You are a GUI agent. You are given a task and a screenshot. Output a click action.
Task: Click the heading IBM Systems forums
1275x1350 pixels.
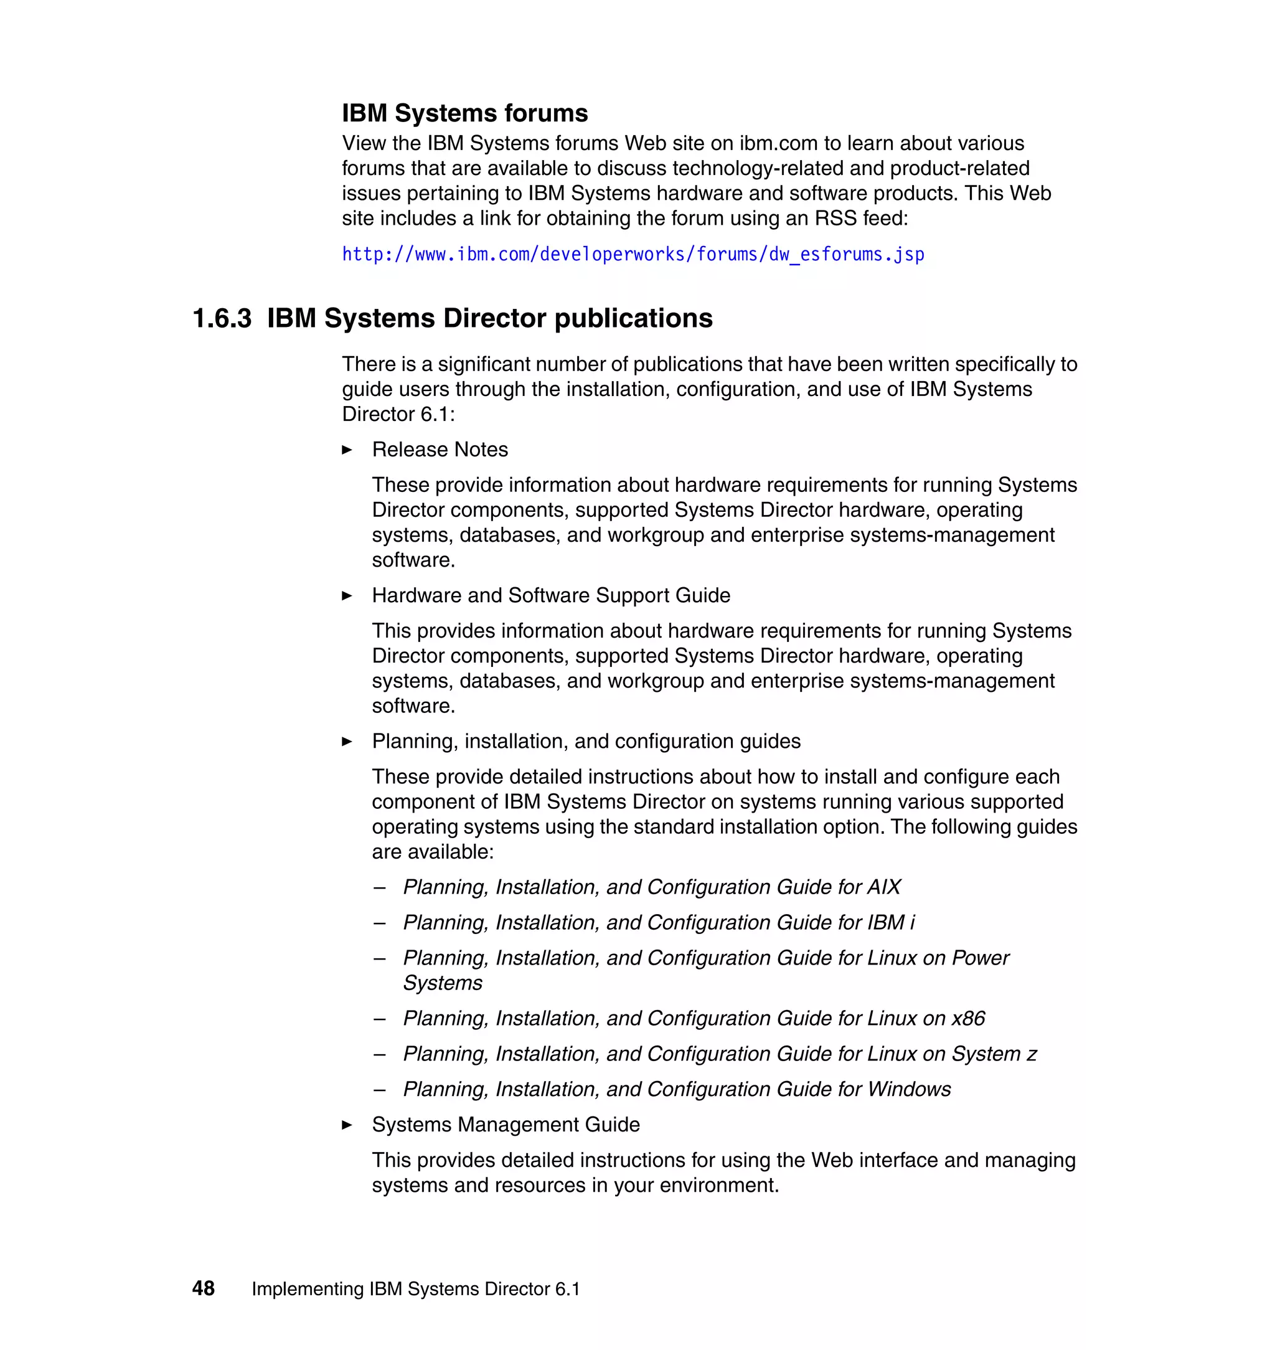pyautogui.click(x=464, y=113)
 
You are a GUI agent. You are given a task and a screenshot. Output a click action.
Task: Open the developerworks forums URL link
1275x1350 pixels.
pyautogui.click(x=632, y=254)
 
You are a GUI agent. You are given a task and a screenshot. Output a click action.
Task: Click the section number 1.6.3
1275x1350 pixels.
pyautogui.click(x=222, y=318)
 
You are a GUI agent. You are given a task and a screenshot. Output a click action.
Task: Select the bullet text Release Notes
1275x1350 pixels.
pyautogui.click(x=440, y=450)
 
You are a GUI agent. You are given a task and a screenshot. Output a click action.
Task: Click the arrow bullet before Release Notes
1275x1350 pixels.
pyautogui.click(x=347, y=450)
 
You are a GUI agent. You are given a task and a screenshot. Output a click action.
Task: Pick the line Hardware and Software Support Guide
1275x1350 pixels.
pyautogui.click(x=550, y=595)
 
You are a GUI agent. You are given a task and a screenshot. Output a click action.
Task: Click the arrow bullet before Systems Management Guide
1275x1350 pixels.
pyautogui.click(x=347, y=1125)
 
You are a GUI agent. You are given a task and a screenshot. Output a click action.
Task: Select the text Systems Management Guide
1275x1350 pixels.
pyautogui.click(x=506, y=1125)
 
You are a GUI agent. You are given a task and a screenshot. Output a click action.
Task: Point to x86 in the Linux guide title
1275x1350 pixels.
pyautogui.click(x=968, y=1018)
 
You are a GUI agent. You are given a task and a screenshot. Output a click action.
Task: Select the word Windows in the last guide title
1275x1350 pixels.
pyautogui.click(x=910, y=1089)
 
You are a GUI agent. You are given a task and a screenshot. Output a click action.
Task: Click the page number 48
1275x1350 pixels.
pyautogui.click(x=203, y=1288)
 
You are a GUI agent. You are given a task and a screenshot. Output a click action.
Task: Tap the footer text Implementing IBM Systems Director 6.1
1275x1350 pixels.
pyautogui.click(x=415, y=1289)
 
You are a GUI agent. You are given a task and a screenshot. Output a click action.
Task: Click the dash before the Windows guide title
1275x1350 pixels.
pyautogui.click(x=379, y=1090)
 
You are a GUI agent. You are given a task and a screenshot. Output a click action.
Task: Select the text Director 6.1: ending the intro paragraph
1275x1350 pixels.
pyautogui.click(x=398, y=414)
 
